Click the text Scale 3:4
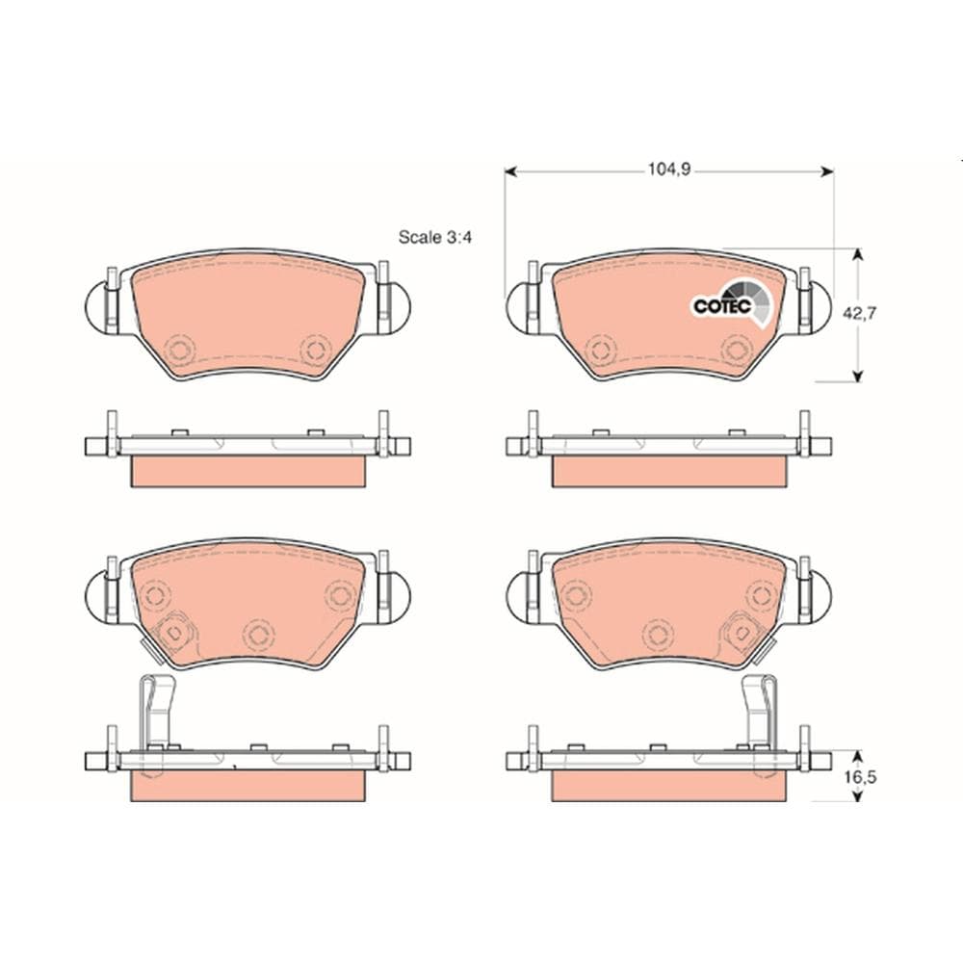tap(432, 236)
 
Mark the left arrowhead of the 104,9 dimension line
tap(511, 171)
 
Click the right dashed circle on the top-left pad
tap(314, 349)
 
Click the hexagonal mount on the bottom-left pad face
tap(174, 631)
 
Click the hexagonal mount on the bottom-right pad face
tap(742, 631)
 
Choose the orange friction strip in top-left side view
tap(247, 470)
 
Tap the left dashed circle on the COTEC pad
tap(601, 349)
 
